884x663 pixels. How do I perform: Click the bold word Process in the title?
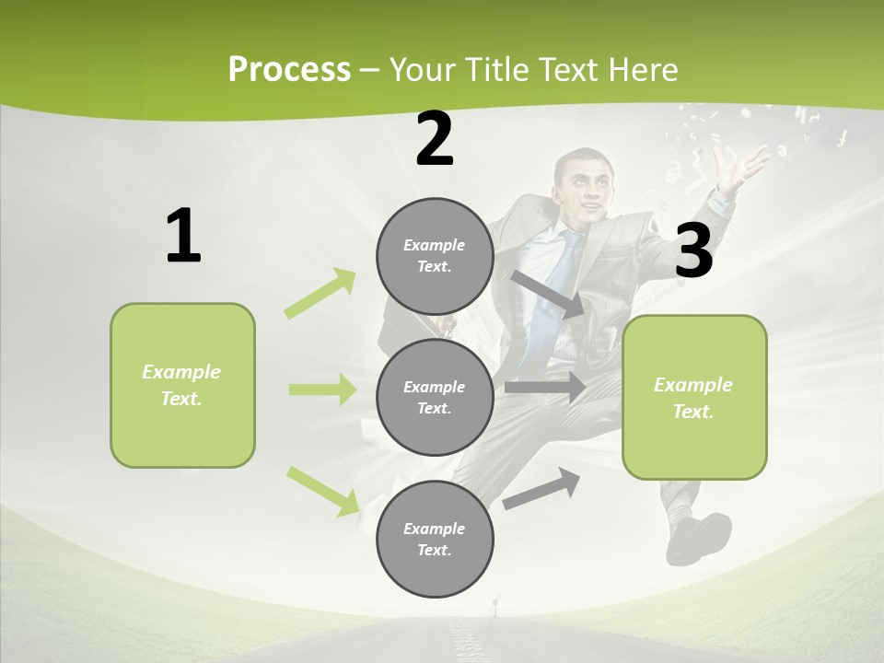(x=289, y=69)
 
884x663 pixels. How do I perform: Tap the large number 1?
(x=183, y=236)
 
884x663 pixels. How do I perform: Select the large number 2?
(x=435, y=139)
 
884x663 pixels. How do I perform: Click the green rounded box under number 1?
(x=182, y=385)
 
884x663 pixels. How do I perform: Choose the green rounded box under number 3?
(x=694, y=398)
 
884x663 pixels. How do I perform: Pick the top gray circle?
(x=435, y=256)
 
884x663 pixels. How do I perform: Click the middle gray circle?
(x=435, y=397)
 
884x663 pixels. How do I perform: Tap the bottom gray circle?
(x=435, y=539)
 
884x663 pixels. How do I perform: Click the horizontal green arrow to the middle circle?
(x=322, y=390)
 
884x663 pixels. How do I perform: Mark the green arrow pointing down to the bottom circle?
(x=323, y=491)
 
